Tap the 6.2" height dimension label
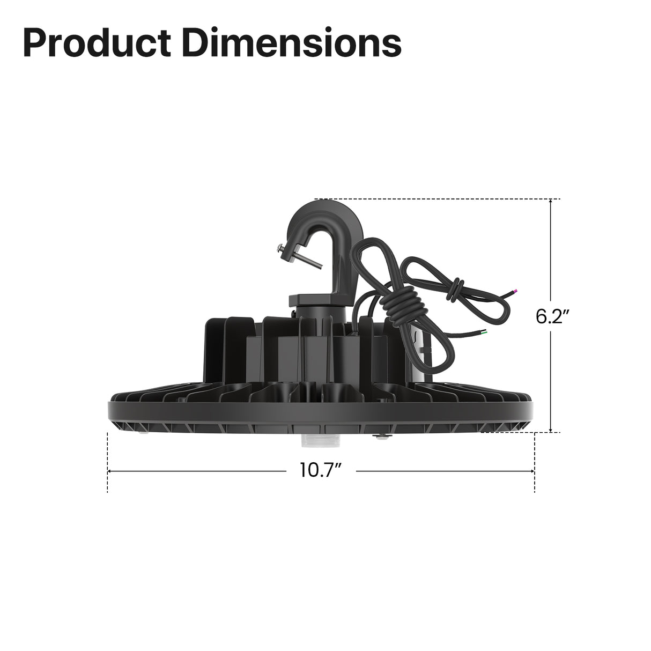(x=552, y=316)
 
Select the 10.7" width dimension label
(x=321, y=471)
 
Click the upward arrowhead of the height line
(x=551, y=203)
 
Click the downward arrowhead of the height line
(x=551, y=428)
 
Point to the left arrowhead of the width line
(x=111, y=471)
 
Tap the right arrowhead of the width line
(x=531, y=471)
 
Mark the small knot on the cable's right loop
(x=456, y=290)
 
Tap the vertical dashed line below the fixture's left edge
(x=108, y=461)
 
